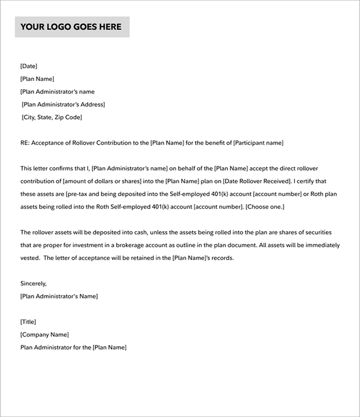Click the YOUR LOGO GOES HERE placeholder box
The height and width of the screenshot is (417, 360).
72,27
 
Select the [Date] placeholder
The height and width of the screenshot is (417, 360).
29,66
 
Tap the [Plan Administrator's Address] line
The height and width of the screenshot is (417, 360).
63,104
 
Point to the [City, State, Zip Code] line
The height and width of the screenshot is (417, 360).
52,117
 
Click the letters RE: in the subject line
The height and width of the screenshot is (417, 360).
25,143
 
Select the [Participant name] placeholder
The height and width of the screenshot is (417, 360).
258,143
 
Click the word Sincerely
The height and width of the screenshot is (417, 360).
33,284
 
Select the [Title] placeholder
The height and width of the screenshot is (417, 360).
28,322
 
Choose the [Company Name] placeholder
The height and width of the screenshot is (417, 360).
45,334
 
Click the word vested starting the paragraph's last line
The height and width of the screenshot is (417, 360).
30,258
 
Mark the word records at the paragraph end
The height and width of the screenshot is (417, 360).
222,258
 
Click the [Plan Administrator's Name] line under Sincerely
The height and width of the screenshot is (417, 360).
59,296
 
